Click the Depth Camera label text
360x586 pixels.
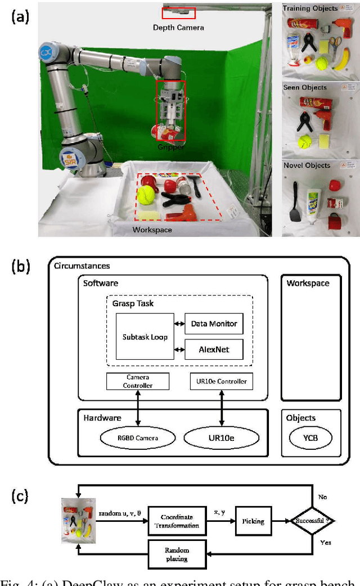178,27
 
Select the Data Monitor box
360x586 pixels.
214,324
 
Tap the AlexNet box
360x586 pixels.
214,350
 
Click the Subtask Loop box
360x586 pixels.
145,337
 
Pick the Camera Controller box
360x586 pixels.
138,381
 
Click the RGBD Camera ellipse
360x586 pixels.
138,437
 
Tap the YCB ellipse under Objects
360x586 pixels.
310,437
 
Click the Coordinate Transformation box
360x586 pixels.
177,521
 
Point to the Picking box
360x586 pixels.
253,521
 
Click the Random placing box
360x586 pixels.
177,554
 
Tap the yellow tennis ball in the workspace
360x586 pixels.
146,195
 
